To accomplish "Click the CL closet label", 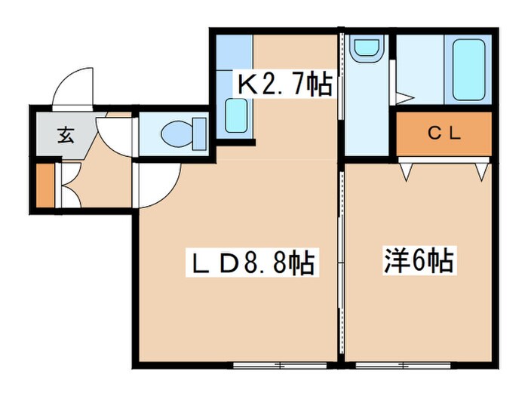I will pos(444,134).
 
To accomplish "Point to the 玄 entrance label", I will pos(66,137).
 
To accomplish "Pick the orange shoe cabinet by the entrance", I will pos(45,184).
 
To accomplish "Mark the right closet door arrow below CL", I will pos(481,172).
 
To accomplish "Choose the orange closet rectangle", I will pos(444,135).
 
